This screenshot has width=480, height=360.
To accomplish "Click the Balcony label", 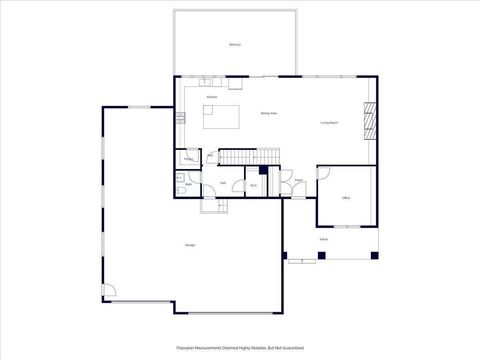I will coord(235,45).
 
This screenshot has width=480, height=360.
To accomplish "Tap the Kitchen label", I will coord(212,96).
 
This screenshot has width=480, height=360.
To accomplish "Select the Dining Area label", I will coord(269,114).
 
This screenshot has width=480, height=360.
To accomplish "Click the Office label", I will coord(345,198).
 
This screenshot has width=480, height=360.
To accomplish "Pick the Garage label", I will coord(189,245).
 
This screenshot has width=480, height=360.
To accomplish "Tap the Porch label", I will coord(324,240).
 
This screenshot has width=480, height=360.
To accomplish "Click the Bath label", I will coord(189,185).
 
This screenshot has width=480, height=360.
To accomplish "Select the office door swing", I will coord(323,174).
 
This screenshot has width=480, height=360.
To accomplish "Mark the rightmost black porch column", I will coord(375,255).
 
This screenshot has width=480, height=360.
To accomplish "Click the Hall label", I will coord(222,183).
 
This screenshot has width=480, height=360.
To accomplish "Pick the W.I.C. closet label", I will coord(254,185).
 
